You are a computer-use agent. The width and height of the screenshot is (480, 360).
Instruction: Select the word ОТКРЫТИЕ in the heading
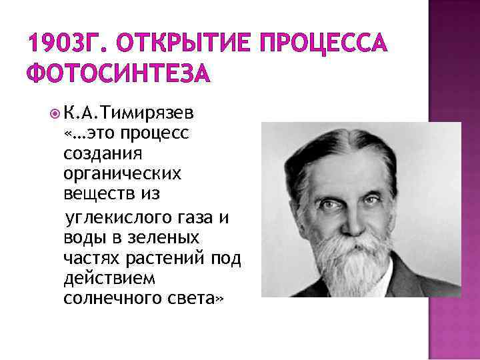click(x=173, y=45)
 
